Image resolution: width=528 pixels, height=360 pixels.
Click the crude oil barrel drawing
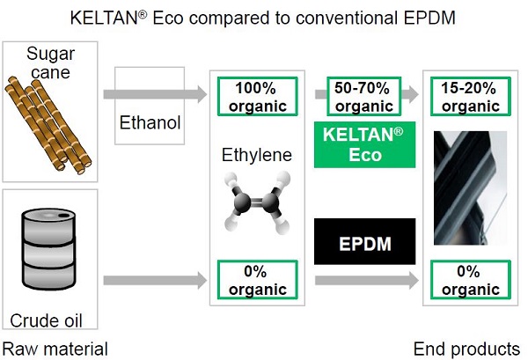click(x=48, y=249)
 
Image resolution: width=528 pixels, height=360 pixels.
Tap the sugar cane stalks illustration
click(x=48, y=125)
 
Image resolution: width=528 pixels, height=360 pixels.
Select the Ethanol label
click(x=150, y=122)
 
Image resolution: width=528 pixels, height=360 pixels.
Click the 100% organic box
click(x=258, y=97)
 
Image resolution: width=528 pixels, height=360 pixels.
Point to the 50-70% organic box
click(x=364, y=97)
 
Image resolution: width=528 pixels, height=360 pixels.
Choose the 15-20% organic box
click(x=471, y=97)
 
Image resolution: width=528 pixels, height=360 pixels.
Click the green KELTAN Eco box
click(x=364, y=145)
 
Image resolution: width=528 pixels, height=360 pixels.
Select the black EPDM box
click(x=364, y=241)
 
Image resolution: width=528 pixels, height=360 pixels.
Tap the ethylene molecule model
click(x=257, y=202)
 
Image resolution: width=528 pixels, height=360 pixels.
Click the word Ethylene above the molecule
click(x=257, y=155)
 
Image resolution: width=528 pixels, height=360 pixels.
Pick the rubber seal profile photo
click(x=470, y=187)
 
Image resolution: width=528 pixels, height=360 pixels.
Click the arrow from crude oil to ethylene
click(x=155, y=280)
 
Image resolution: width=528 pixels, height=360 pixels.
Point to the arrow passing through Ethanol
click(x=155, y=94)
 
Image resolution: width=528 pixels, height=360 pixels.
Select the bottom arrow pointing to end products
click(x=367, y=280)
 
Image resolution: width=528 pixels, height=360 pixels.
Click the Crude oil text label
click(x=46, y=320)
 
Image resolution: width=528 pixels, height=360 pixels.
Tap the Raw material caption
click(x=55, y=349)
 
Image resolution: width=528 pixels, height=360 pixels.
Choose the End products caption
click(x=466, y=349)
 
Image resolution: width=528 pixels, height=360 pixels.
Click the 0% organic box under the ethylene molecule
click(x=258, y=280)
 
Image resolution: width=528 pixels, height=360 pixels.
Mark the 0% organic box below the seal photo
click(x=471, y=280)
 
